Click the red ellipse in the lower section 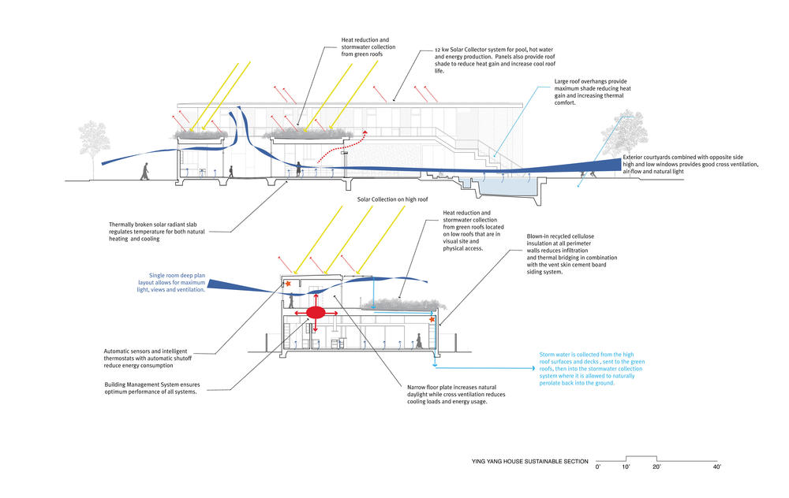(316, 313)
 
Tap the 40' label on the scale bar (716, 467)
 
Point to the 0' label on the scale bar (597, 467)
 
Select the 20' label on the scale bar (656, 467)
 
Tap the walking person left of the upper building (144, 171)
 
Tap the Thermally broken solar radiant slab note (170, 229)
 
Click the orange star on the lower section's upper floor (290, 283)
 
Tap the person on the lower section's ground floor (419, 340)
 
